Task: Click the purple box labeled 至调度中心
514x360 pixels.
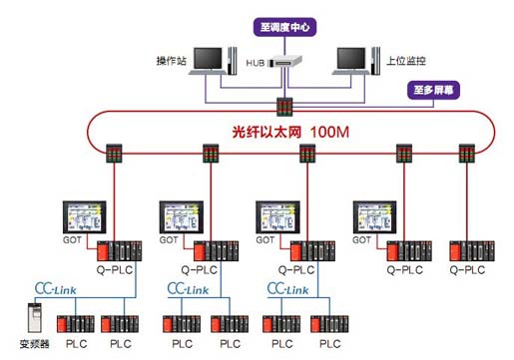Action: pos(284,27)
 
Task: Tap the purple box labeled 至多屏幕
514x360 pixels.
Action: pos(433,90)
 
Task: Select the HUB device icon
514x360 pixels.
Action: pos(285,61)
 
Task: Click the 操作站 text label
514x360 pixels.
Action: pos(172,61)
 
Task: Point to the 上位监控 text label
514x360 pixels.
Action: pos(406,61)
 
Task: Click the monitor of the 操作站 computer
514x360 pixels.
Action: pos(208,59)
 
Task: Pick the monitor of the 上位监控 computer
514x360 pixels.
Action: pos(351,59)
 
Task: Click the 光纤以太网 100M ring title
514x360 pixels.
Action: pos(290,133)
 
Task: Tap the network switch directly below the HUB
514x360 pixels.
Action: pos(284,107)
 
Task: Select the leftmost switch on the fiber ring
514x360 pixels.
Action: pos(114,154)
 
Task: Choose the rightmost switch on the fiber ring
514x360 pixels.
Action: pos(467,154)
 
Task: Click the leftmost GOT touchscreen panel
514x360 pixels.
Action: pos(85,217)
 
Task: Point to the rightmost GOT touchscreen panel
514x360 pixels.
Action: pos(374,217)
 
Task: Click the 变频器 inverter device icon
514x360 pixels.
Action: pos(35,318)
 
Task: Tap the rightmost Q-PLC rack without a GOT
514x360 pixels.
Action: pos(472,251)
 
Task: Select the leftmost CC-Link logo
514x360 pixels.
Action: pos(56,289)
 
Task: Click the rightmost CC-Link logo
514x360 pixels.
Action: pos(287,289)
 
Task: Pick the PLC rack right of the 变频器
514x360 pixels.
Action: pos(76,324)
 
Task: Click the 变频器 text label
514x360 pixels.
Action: pos(35,344)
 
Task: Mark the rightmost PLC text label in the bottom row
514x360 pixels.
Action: pos(330,344)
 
